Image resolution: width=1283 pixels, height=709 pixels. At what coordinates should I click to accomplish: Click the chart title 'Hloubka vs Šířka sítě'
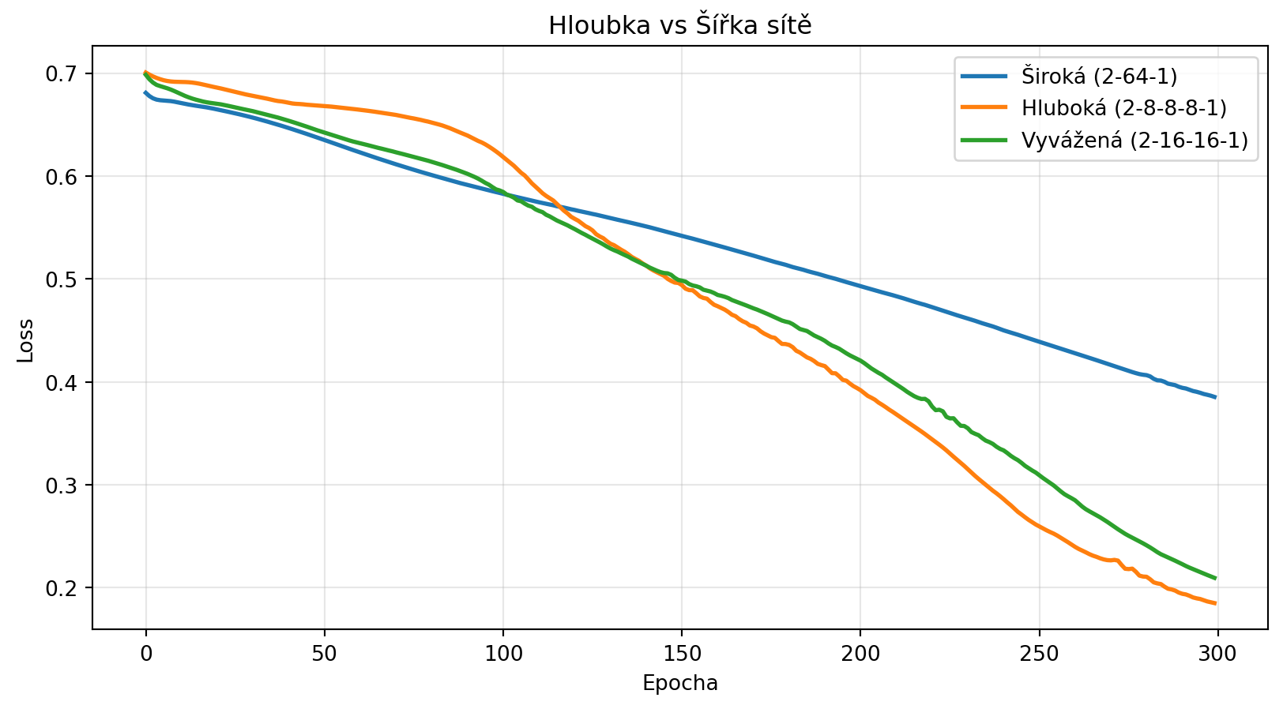click(680, 26)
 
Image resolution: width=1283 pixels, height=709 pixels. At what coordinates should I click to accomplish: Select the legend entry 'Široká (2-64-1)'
click(1099, 77)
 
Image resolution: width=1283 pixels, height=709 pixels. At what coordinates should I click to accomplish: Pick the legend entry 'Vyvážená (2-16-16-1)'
click(1134, 141)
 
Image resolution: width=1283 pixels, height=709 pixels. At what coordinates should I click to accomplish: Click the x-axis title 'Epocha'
click(680, 683)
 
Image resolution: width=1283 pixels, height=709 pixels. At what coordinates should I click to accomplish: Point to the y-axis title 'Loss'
click(26, 340)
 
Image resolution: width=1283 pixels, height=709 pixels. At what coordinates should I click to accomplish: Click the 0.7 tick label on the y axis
click(66, 74)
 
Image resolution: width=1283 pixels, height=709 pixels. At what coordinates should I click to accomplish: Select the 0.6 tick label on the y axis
click(66, 177)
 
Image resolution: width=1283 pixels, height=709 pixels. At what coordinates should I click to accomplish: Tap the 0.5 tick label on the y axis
click(66, 279)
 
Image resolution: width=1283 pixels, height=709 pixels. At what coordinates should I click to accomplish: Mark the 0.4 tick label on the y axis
click(66, 383)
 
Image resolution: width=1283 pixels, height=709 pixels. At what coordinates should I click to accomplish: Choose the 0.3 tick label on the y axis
click(66, 486)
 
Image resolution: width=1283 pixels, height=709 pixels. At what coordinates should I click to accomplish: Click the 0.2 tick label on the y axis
click(66, 588)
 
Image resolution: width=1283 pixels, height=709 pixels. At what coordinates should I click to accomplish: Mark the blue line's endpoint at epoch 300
click(1215, 397)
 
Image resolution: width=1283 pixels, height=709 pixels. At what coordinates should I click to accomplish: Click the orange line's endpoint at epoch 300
click(1215, 604)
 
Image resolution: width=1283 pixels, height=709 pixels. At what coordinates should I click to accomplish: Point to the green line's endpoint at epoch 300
click(1215, 578)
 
